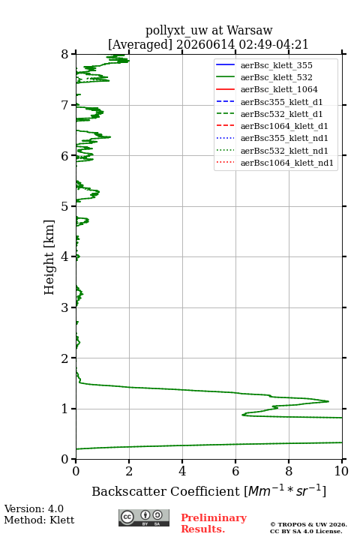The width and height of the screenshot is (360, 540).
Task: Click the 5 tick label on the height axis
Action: click(x=64, y=206)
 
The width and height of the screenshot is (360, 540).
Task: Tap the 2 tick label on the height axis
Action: click(x=64, y=358)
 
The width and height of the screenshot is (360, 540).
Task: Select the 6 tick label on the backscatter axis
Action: click(x=235, y=471)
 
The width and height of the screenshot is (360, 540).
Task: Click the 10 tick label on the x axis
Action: click(x=341, y=471)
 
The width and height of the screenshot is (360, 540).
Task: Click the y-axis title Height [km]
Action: click(x=49, y=257)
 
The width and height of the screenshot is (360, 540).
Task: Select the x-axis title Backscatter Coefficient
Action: click(x=166, y=491)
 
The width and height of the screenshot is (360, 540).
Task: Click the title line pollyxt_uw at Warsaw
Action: click(x=208, y=30)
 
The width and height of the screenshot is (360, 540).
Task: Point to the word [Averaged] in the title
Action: click(x=140, y=44)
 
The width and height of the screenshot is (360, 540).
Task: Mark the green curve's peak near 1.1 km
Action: click(x=328, y=401)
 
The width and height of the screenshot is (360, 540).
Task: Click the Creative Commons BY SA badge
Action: click(x=144, y=517)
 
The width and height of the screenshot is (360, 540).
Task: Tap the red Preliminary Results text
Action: click(x=214, y=523)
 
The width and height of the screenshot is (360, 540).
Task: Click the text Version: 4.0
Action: click(x=34, y=508)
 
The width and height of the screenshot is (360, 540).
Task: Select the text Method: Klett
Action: click(x=39, y=520)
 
